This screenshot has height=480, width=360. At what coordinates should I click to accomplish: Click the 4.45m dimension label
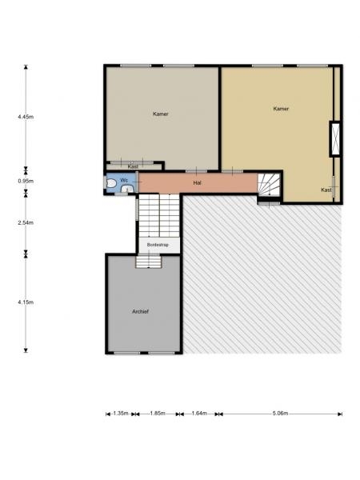click(26, 117)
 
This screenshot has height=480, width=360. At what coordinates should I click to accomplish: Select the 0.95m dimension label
click(26, 181)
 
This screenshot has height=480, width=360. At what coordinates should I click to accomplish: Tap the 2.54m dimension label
click(26, 222)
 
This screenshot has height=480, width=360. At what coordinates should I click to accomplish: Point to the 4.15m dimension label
click(26, 302)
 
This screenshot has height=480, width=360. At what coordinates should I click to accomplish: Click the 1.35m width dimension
click(121, 414)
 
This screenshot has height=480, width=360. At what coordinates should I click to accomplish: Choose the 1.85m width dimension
click(158, 414)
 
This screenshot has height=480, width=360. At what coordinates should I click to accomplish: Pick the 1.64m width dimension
click(199, 414)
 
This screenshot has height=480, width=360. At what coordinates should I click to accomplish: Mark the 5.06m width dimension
click(281, 414)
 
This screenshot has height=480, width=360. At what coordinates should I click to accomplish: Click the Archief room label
click(140, 311)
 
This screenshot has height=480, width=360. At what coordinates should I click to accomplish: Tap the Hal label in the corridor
click(197, 182)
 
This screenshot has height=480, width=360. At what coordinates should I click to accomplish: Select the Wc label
click(124, 180)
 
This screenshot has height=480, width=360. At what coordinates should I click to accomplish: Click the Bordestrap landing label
click(158, 245)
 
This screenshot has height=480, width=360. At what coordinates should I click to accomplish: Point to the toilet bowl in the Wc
click(110, 183)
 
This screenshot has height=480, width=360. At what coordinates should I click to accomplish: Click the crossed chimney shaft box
click(335, 139)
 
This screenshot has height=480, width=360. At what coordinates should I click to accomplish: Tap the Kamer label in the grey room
click(161, 114)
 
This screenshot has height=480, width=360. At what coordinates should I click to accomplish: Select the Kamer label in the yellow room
click(281, 109)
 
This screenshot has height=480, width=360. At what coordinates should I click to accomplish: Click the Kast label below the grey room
click(133, 166)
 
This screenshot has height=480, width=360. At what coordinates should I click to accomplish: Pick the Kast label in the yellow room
click(326, 190)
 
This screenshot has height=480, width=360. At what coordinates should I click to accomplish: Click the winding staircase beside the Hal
click(269, 185)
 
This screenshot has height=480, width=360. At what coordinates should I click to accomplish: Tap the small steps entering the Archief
click(149, 262)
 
